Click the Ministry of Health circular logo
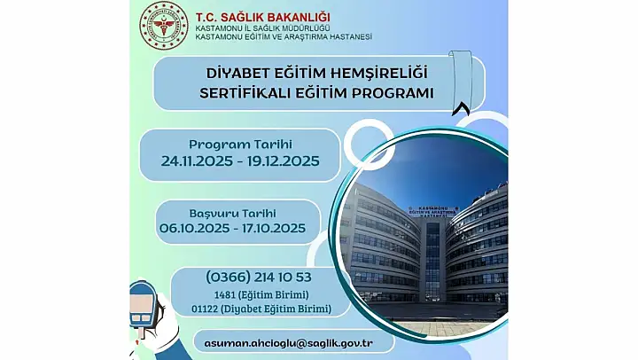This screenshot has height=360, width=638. point(164,25)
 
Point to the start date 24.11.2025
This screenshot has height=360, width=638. point(197,161)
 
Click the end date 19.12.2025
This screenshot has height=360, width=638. point(284,161)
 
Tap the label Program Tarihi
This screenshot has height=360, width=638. point(240,145)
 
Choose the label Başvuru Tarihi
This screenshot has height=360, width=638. point(233,214)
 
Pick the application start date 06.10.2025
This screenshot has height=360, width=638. point(194,228)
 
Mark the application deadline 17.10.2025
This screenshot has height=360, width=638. point(274,228)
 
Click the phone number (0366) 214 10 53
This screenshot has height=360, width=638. point(259,278)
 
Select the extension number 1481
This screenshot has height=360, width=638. point(225,294)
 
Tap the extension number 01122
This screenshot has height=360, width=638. point(205,309)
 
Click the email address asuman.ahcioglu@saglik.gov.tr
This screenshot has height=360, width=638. point(289,343)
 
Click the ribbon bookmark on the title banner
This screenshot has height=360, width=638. point(460,82)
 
